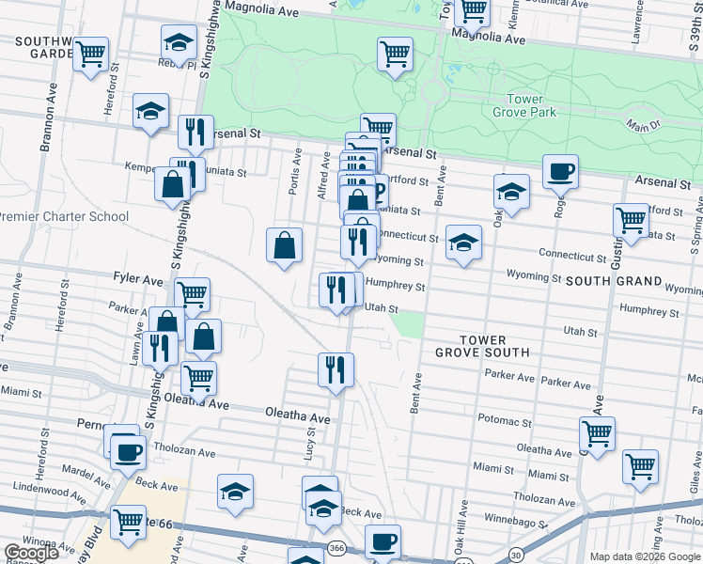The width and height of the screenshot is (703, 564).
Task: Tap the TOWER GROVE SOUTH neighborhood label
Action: (483, 346)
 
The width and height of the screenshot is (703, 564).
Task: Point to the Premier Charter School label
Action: (64, 216)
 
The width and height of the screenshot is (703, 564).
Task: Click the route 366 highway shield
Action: (335, 547)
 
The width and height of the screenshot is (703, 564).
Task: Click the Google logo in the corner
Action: (31, 553)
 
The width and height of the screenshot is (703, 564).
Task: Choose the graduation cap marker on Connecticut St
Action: (462, 242)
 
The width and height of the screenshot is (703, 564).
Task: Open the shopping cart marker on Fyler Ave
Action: (192, 294)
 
